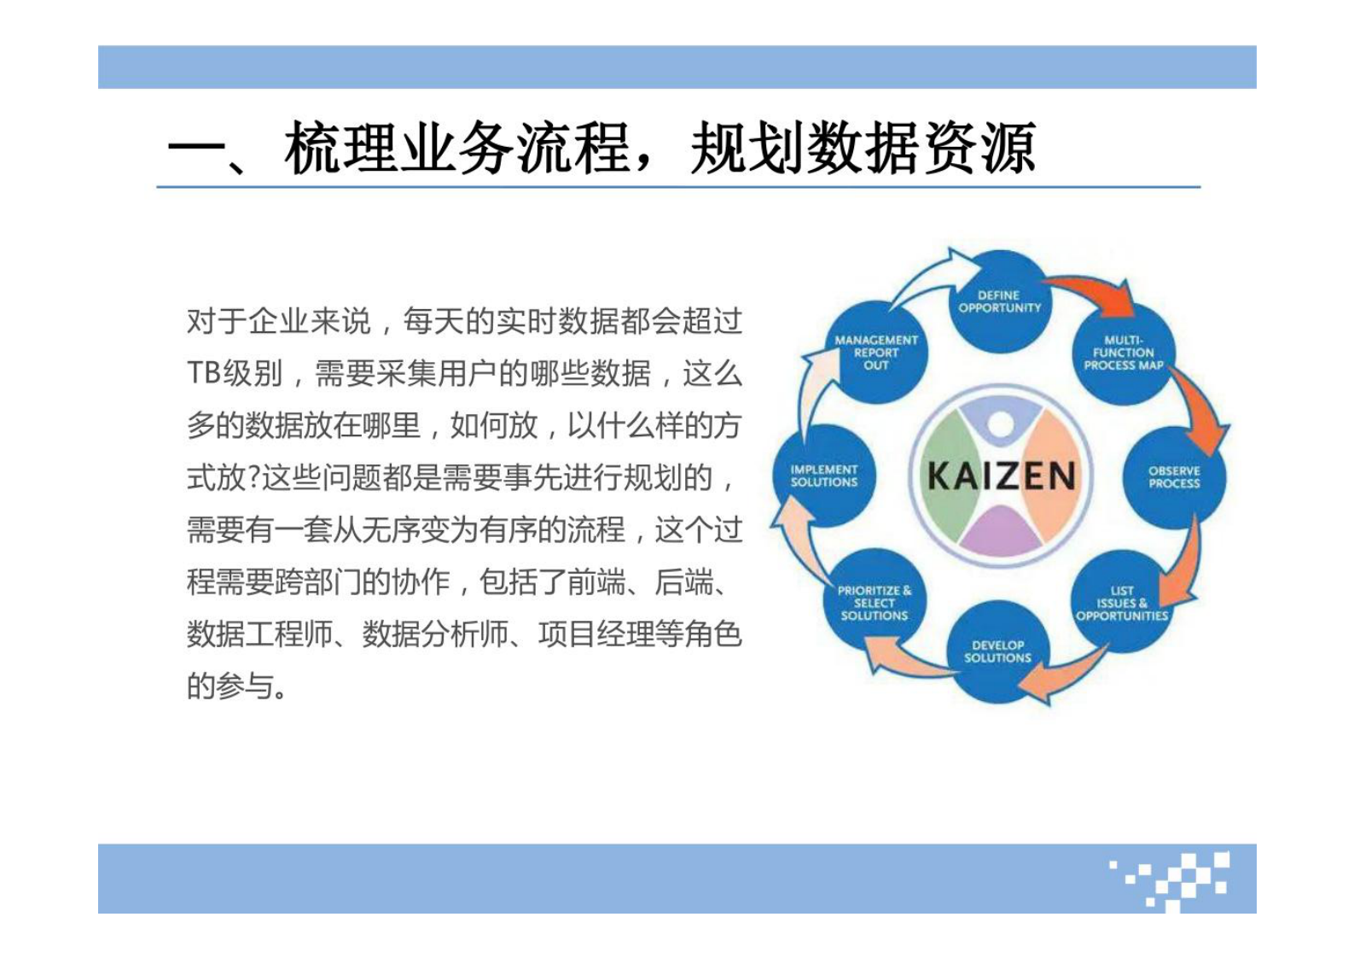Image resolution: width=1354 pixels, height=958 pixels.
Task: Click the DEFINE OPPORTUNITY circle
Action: pos(1000,301)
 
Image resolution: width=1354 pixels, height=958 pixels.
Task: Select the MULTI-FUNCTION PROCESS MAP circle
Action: pos(1124,353)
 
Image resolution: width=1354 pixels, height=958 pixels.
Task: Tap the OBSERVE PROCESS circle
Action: pos(1174,477)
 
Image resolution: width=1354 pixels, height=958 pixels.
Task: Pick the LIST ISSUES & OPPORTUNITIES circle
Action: pos(1122,603)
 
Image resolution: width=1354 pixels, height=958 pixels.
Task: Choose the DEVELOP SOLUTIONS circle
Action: pos(997,651)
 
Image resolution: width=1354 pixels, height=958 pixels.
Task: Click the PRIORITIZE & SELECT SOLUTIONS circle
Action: pos(875,603)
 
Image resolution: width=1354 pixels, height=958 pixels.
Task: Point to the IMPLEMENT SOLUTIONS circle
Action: pos(824,476)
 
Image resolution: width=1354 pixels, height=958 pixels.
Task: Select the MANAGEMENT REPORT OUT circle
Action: pos(876,352)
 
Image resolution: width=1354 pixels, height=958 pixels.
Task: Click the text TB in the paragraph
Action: pos(204,374)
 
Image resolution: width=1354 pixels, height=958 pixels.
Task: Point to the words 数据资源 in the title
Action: pos(921,148)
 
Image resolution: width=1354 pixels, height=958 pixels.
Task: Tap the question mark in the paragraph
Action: pos(253,479)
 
